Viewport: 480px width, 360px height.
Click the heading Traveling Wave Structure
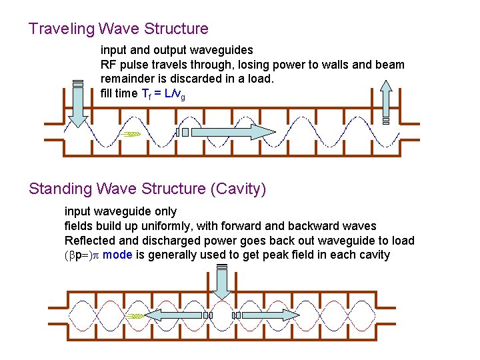(119, 29)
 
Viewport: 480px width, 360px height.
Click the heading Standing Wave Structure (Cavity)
(147, 189)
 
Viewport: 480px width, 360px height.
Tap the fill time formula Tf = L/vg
(163, 94)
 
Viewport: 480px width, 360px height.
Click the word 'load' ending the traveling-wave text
(261, 79)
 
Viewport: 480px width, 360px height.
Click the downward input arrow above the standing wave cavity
(222, 283)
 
